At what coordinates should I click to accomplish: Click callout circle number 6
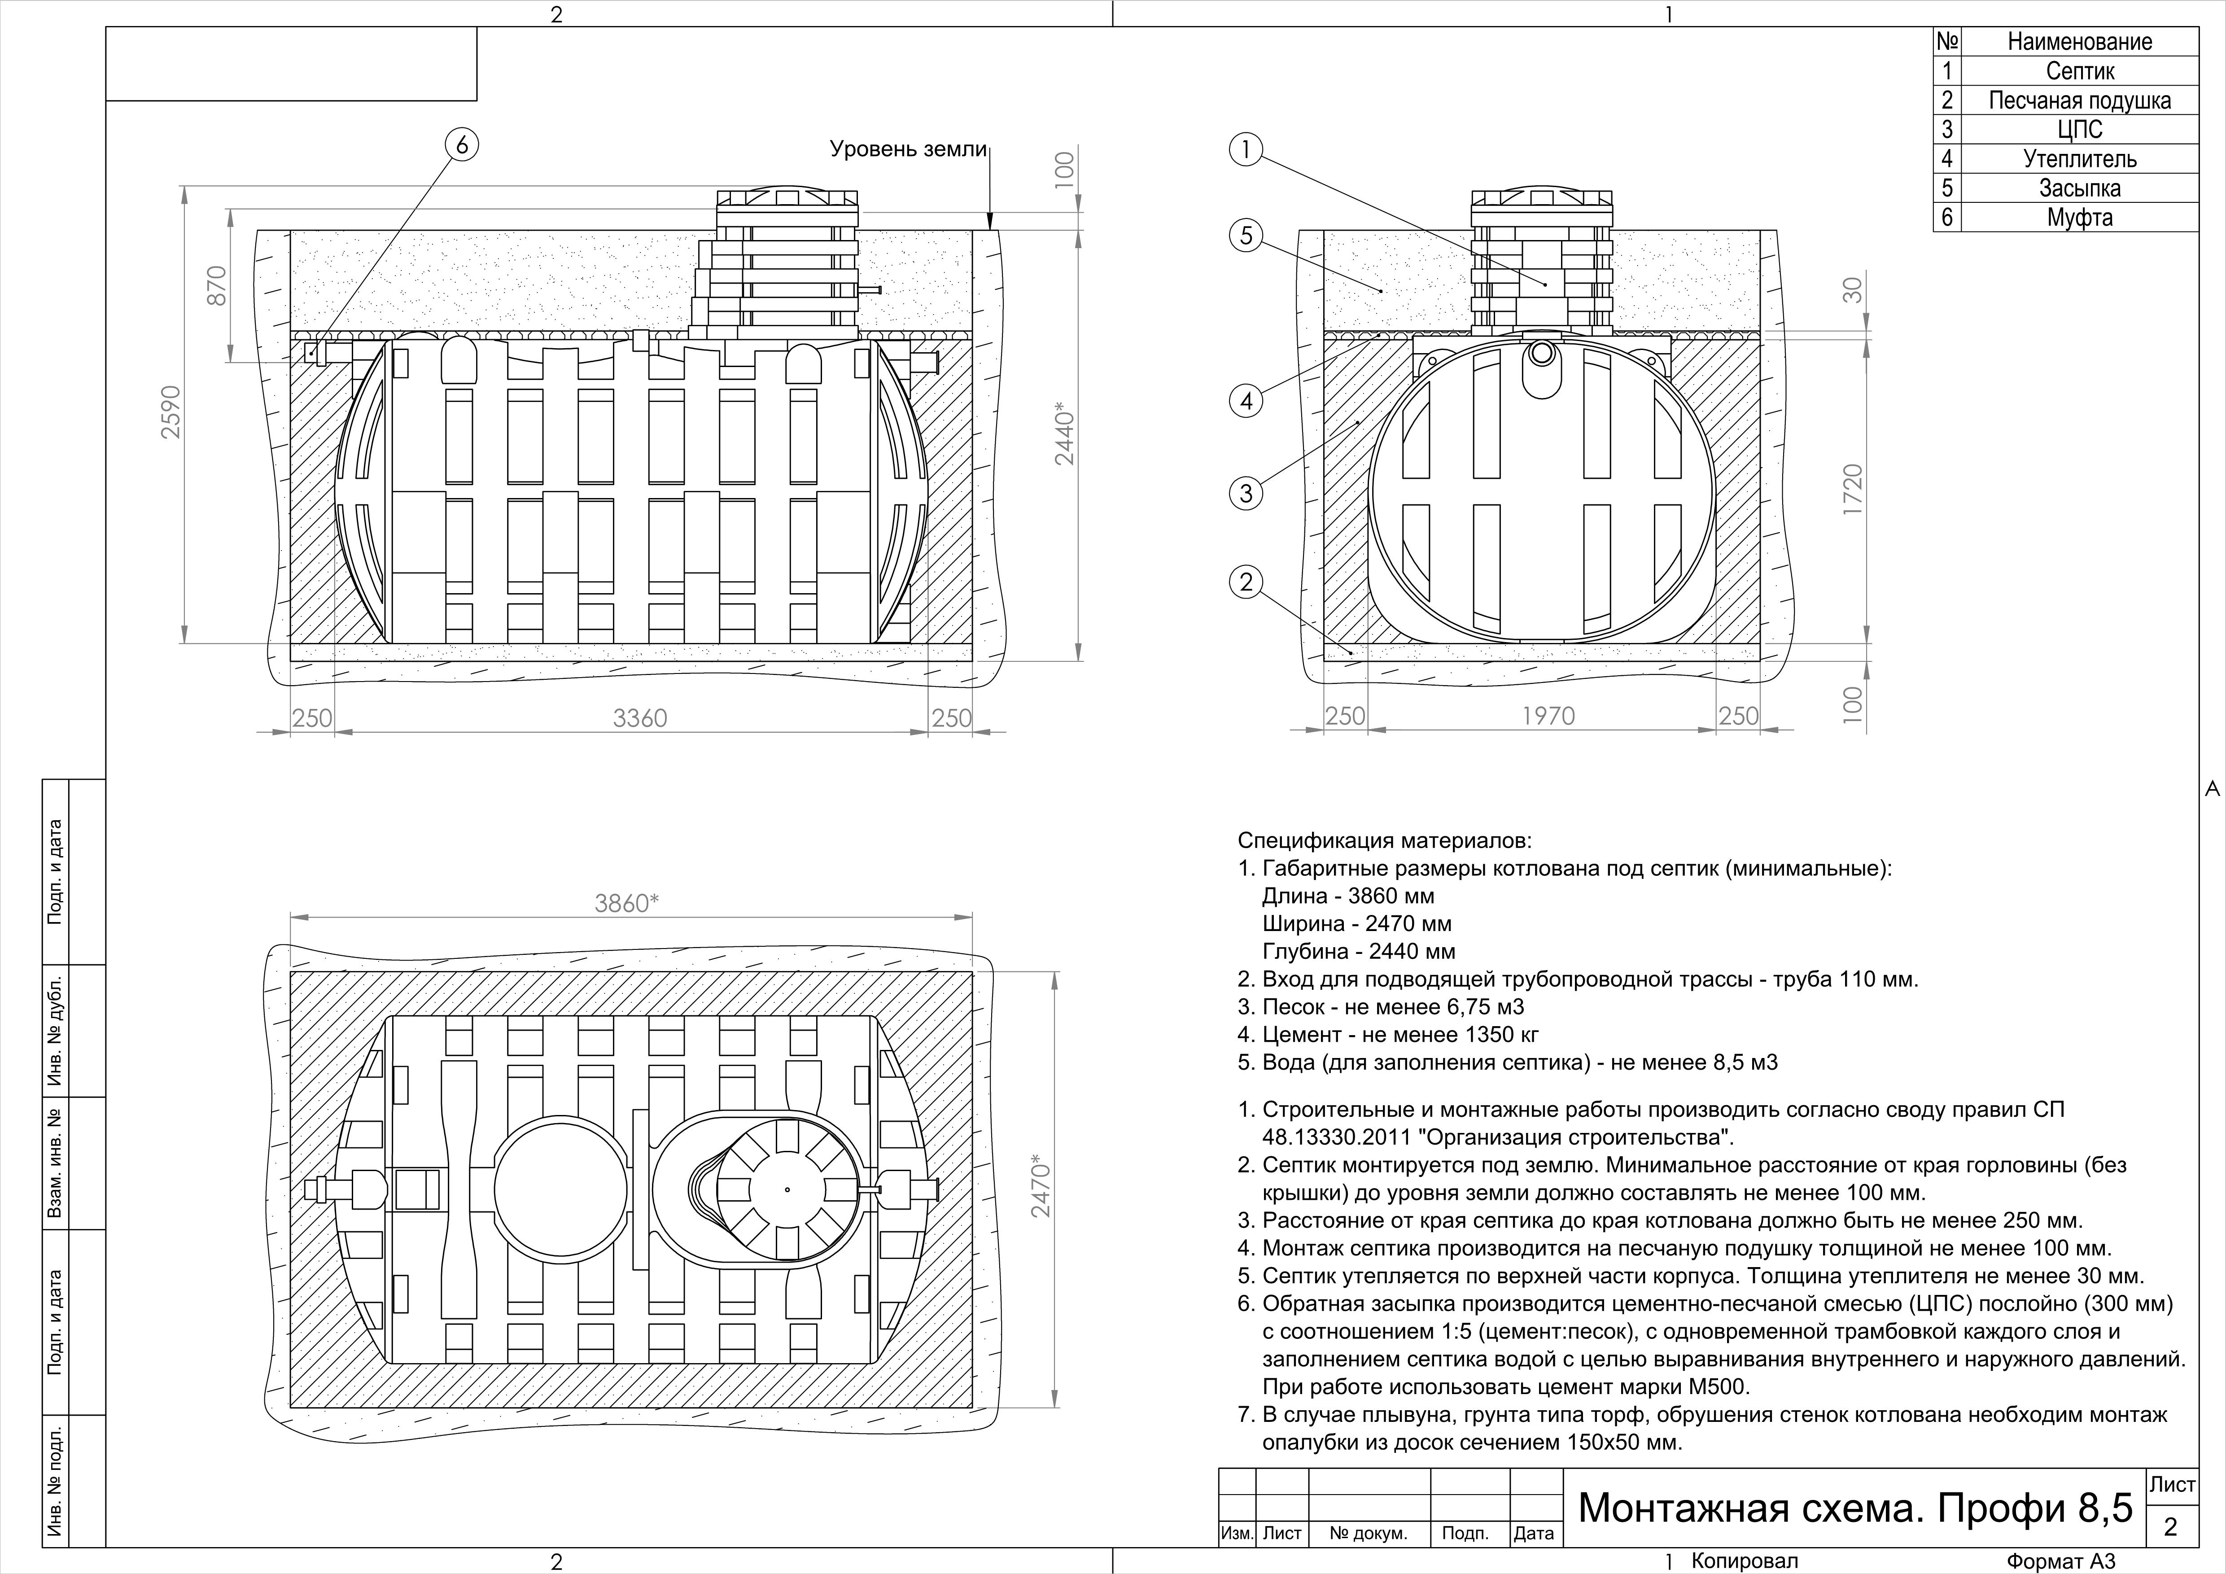point(461,144)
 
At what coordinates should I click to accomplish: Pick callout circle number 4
point(1246,400)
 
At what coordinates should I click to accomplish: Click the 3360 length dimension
point(640,718)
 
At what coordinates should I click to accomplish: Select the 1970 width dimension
point(1548,716)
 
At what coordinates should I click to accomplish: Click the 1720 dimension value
point(1852,490)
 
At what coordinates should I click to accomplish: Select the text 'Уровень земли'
point(907,150)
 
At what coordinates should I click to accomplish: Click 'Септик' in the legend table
point(2080,71)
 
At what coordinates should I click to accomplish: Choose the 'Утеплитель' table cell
point(2080,159)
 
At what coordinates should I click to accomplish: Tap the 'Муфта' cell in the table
point(2080,217)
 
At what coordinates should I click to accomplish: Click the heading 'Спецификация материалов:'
point(1385,840)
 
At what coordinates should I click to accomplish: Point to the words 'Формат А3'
point(2060,1561)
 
